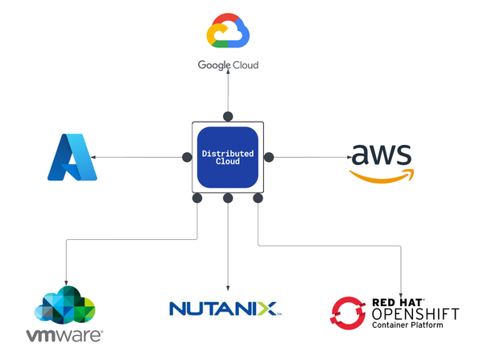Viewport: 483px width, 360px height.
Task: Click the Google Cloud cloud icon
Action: pyautogui.click(x=228, y=32)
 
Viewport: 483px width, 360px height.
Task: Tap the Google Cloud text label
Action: pyautogui.click(x=228, y=64)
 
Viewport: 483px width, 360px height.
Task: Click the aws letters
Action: pyautogui.click(x=381, y=153)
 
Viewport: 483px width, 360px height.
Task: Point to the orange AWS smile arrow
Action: pyautogui.click(x=380, y=175)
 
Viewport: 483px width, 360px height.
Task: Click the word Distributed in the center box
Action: pyautogui.click(x=228, y=153)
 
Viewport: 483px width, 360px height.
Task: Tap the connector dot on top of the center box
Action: pyautogui.click(x=228, y=116)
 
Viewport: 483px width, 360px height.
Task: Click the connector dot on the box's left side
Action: pyautogui.click(x=187, y=156)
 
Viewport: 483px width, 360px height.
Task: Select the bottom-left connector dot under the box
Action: pyautogui.click(x=197, y=198)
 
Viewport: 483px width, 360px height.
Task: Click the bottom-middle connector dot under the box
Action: pyautogui.click(x=228, y=198)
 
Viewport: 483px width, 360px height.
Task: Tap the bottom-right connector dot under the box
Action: pyautogui.click(x=258, y=198)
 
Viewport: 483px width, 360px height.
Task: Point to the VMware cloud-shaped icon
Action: pyautogui.click(x=64, y=304)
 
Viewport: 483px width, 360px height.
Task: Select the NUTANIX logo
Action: pyautogui.click(x=223, y=308)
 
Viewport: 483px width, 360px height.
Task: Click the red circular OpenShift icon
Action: pyautogui.click(x=349, y=313)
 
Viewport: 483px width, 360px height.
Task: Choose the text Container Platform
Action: pyautogui.click(x=408, y=327)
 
